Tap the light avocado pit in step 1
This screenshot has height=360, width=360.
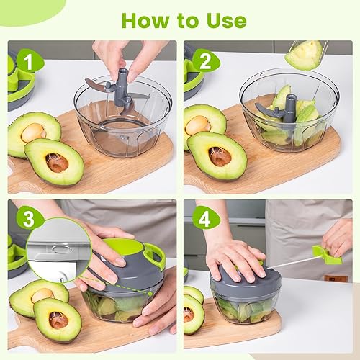32,132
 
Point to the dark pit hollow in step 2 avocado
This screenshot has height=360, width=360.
220,156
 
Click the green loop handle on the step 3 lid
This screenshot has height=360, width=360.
154,253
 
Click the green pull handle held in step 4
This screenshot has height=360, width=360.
328,253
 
